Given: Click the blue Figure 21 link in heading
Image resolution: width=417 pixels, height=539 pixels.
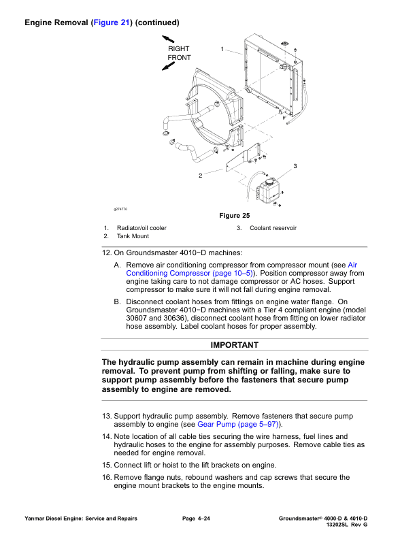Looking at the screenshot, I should click(x=112, y=22).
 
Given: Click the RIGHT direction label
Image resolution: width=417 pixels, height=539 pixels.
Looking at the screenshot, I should click(x=179, y=49).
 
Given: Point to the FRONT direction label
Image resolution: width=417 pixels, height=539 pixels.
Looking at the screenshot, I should click(x=180, y=58).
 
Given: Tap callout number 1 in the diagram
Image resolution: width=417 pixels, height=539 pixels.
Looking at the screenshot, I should click(x=222, y=48).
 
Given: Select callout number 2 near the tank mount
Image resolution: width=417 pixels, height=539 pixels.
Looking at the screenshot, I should click(x=200, y=176).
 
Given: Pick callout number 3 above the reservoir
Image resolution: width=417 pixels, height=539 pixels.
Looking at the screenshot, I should click(x=295, y=166).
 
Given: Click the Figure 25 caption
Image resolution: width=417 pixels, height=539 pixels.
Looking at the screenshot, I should click(x=235, y=216).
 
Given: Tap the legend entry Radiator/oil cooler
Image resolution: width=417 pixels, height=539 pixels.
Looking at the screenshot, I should click(x=141, y=228).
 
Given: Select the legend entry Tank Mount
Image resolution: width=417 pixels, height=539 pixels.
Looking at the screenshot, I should click(x=133, y=236).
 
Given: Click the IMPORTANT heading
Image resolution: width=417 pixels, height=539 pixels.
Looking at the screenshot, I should click(x=234, y=345).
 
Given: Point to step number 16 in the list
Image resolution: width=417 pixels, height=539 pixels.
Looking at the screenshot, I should click(x=107, y=478).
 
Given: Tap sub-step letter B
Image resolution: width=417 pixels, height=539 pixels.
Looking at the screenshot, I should click(x=118, y=301).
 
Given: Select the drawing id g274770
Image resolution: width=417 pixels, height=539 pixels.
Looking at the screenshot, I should click(x=120, y=209).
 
